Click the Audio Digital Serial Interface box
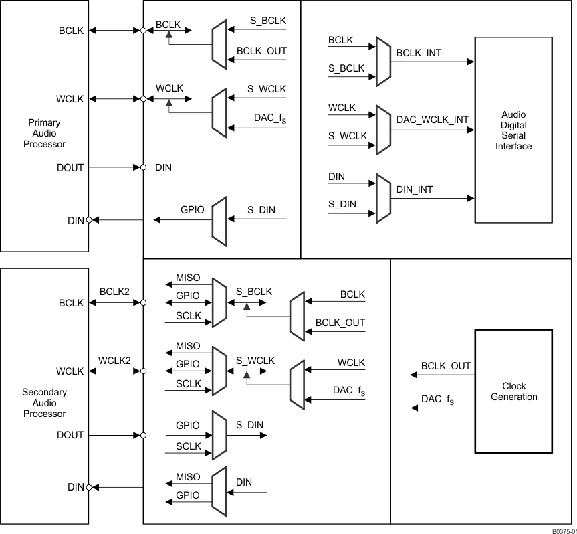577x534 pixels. pos(513,130)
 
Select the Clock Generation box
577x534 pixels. pos(513,391)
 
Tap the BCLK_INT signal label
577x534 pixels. pos(419,52)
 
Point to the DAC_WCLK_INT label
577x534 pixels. pos(432,120)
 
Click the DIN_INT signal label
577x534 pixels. pos(415,189)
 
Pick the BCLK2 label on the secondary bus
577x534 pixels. pos(114,292)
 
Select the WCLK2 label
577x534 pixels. pos(114,361)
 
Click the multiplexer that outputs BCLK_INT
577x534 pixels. pos(383,62)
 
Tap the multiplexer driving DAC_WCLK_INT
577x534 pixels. pos(383,130)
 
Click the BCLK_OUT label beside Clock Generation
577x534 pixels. pos(445,366)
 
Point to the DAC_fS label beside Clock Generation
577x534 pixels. pos(437,399)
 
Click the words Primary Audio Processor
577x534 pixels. pos(44,133)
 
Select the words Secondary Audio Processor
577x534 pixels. pos(44,403)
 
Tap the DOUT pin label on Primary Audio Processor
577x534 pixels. pos(70,167)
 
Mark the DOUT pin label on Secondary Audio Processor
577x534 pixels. pos(70,435)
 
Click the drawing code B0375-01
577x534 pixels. pos(563,530)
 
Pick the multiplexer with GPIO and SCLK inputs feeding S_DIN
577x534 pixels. pos(219,435)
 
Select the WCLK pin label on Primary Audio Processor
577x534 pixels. pos(70,99)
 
